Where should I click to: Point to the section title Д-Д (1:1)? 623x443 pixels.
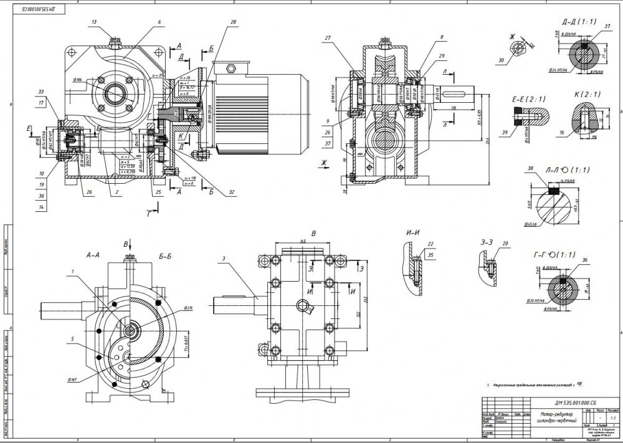click(578, 22)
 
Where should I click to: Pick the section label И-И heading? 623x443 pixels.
click(412, 233)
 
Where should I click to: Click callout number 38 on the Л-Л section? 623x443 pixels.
click(530, 168)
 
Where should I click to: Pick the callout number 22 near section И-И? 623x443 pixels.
click(430, 244)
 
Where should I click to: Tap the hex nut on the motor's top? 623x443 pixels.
click(229, 67)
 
